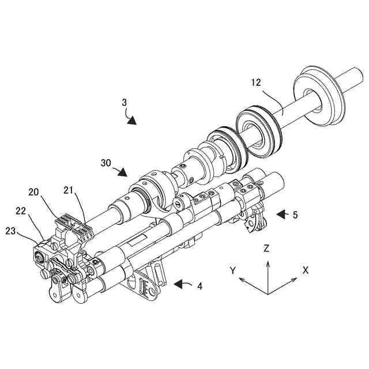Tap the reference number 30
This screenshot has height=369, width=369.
pos(106,163)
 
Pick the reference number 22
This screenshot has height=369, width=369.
pos(20,211)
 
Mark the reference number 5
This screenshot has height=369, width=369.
pos(295,215)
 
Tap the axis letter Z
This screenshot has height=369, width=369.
pos(267,249)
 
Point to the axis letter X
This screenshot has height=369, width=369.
pos(306,270)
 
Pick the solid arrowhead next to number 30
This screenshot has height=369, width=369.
pos(123,172)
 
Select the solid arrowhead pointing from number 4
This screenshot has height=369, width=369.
pos(180,284)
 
